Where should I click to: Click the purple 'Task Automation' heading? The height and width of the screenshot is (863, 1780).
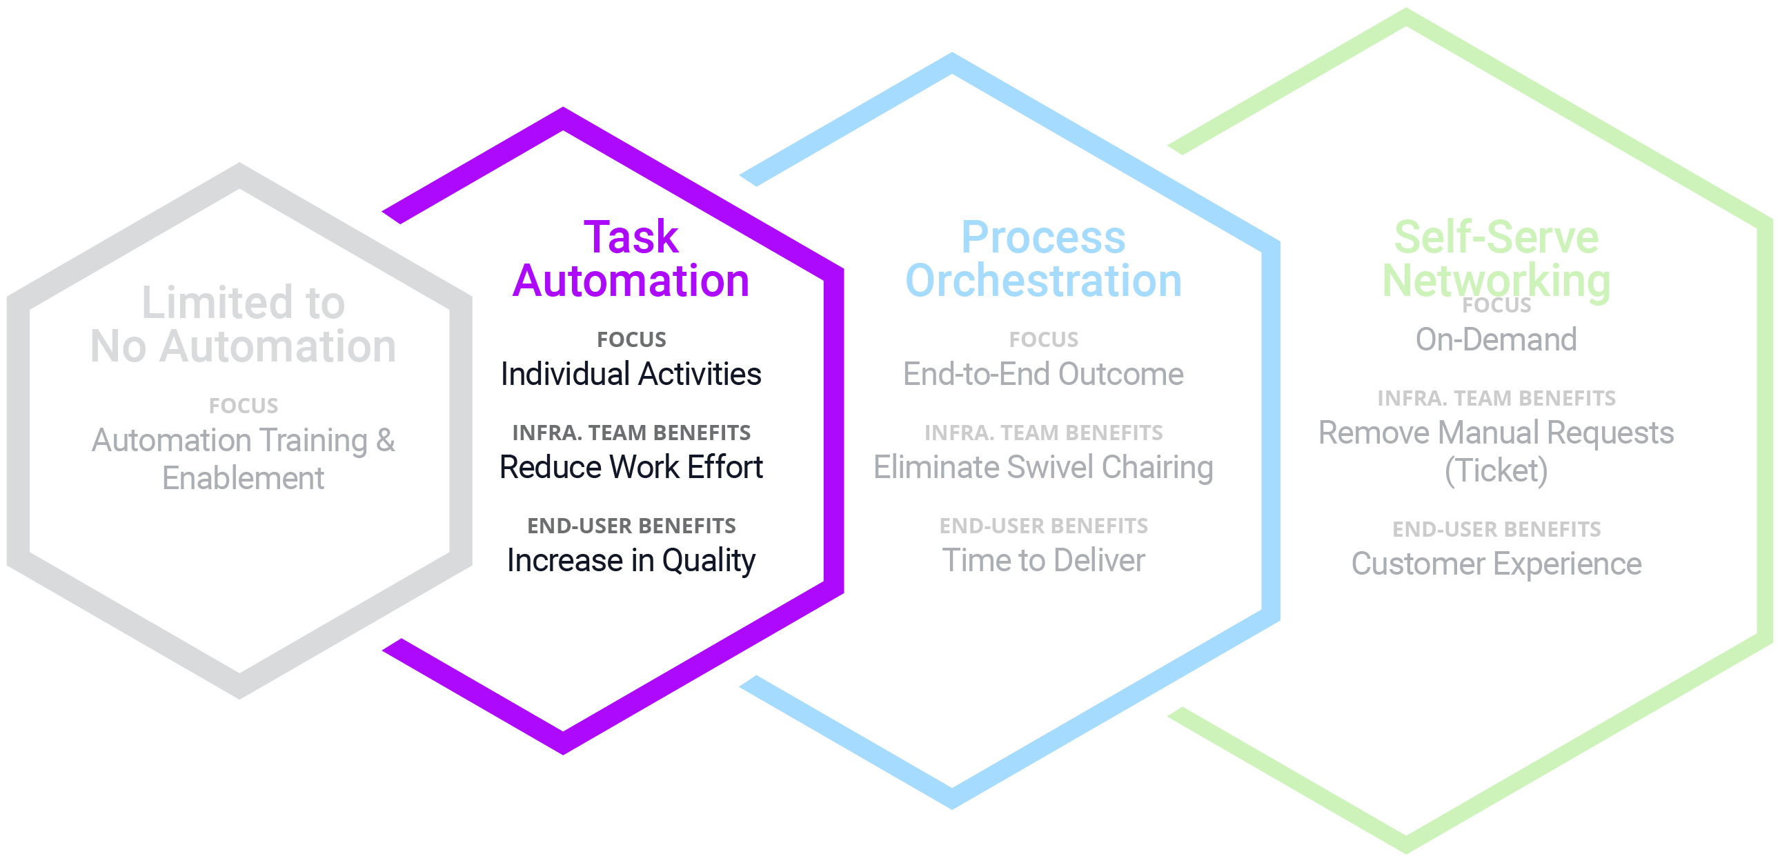(631, 259)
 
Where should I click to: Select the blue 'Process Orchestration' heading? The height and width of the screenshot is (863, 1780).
(1043, 259)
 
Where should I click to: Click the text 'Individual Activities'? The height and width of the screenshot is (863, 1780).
(631, 375)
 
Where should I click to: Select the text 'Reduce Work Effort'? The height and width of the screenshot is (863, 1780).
(631, 468)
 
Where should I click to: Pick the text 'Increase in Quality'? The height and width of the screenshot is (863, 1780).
(631, 560)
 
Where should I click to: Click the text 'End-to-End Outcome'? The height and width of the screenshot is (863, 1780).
(1043, 375)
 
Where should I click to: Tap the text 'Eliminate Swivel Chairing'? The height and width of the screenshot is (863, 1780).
(1043, 468)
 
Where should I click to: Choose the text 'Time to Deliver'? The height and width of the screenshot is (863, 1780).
(1043, 560)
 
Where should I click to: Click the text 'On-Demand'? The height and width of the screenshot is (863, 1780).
(1496, 340)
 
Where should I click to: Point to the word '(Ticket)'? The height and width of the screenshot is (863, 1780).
(1496, 471)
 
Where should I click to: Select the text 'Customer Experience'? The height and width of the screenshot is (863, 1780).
(1496, 564)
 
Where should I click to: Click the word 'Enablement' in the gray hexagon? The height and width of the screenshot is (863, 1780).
(244, 478)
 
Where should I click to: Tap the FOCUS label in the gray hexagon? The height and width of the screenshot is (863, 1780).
(244, 406)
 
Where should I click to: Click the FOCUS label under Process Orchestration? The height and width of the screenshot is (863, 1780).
(1043, 340)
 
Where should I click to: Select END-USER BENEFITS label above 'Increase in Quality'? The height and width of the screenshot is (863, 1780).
(631, 526)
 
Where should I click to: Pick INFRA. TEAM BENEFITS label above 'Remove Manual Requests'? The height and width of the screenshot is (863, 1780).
(1496, 399)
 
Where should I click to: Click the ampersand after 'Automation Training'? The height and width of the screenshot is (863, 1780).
(386, 440)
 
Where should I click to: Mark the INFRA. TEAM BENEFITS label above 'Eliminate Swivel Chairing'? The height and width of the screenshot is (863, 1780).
(1043, 433)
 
